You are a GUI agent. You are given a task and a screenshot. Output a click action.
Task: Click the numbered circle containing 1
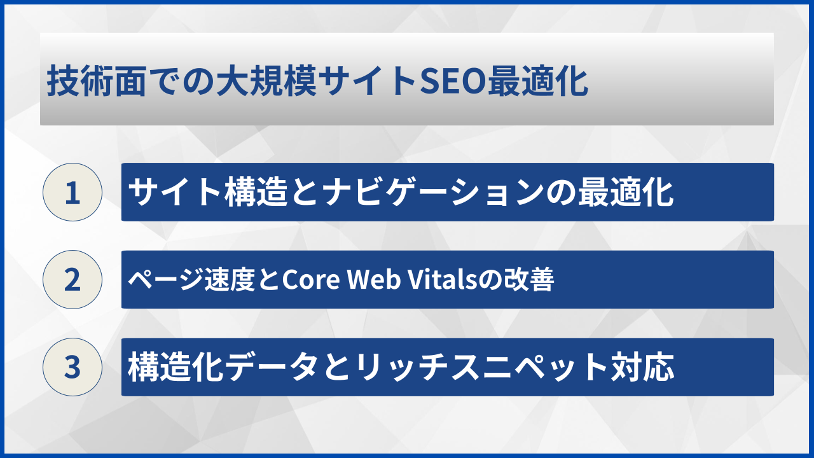(x=72, y=192)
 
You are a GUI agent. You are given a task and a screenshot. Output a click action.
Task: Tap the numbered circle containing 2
(x=72, y=280)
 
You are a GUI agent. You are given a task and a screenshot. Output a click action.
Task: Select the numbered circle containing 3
(x=72, y=367)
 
